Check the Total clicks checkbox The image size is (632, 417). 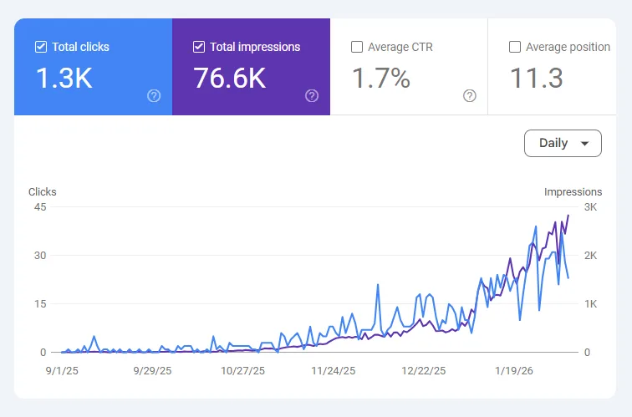point(41,47)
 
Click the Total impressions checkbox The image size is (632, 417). point(199,47)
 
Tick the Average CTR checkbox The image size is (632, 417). point(357,47)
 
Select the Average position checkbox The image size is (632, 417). point(515,47)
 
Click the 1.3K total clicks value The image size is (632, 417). point(64,79)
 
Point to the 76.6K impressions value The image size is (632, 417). point(229,79)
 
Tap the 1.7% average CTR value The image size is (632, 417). point(380,79)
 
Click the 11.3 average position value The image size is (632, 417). point(536,79)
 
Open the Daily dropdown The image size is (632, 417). point(563,143)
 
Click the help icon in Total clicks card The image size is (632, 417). point(154,95)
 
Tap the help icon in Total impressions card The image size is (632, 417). point(312,95)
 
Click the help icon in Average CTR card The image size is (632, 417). point(470,95)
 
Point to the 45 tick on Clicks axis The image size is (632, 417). point(38,206)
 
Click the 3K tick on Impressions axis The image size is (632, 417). point(591,206)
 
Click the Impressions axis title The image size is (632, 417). point(573,191)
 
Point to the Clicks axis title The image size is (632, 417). point(43,191)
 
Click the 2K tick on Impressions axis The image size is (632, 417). point(591,255)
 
